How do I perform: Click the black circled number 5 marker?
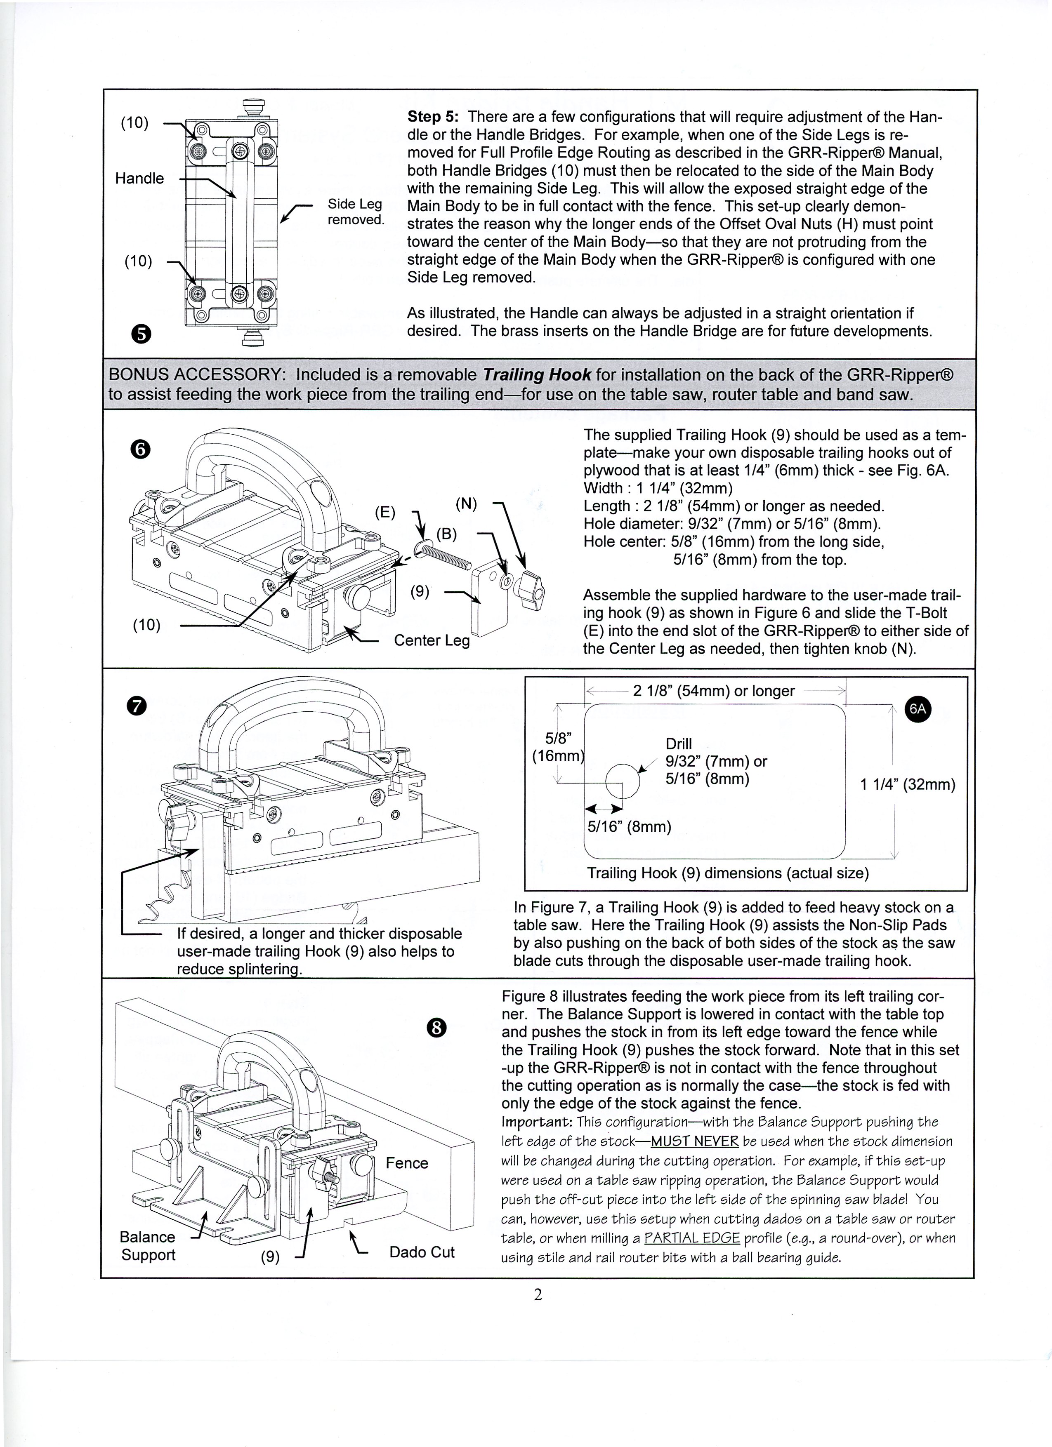(142, 334)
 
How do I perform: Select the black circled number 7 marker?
(138, 706)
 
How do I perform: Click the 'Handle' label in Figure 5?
(139, 178)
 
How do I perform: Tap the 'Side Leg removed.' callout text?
(355, 212)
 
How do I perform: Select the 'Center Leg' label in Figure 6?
(432, 640)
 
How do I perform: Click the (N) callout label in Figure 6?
(466, 504)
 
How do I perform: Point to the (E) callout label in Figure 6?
(385, 512)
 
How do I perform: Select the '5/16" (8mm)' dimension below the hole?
(630, 827)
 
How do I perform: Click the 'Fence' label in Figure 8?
(407, 1163)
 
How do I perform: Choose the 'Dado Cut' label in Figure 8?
(422, 1252)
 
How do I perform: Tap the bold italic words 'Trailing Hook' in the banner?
(536, 374)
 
